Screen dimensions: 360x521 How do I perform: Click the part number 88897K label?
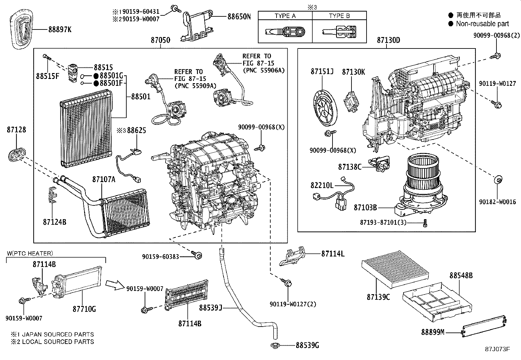coord(60,29)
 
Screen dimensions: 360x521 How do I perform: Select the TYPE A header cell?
coord(285,16)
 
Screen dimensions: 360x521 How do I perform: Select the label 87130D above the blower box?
coord(388,40)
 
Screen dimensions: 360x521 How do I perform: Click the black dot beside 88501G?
coord(96,76)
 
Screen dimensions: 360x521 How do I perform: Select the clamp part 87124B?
coord(52,195)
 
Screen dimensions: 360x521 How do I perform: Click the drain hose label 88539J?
coord(211,308)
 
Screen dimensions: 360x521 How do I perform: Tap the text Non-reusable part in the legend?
coord(482,24)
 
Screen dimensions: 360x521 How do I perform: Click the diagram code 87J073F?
coord(497,349)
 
